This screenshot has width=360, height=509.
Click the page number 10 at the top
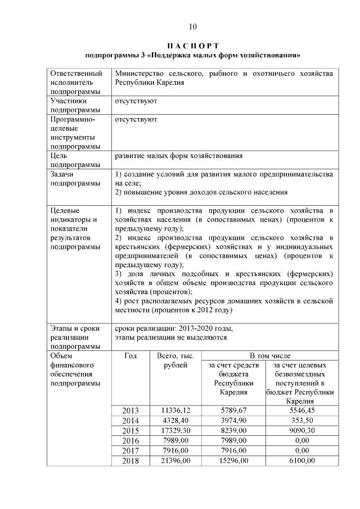193,26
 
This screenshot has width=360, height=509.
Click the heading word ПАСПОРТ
193,45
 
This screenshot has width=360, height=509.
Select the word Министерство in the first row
138,74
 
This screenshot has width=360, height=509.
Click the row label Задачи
62,174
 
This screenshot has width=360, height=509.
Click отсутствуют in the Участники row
136,101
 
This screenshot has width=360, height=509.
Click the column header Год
130,355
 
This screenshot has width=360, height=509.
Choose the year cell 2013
130,411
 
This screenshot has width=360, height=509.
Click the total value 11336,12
173,411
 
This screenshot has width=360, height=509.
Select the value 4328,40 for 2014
173,421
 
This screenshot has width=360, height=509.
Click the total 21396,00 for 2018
173,461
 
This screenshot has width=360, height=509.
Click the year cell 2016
130,441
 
